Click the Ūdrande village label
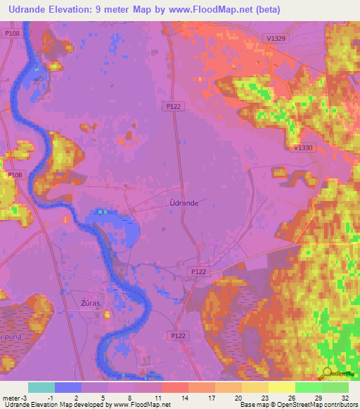coord(184,202)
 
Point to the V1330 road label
coord(303,148)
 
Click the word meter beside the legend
coord(10,396)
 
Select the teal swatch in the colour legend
coord(41,387)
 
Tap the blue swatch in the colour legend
coord(67,387)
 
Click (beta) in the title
coord(262,10)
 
